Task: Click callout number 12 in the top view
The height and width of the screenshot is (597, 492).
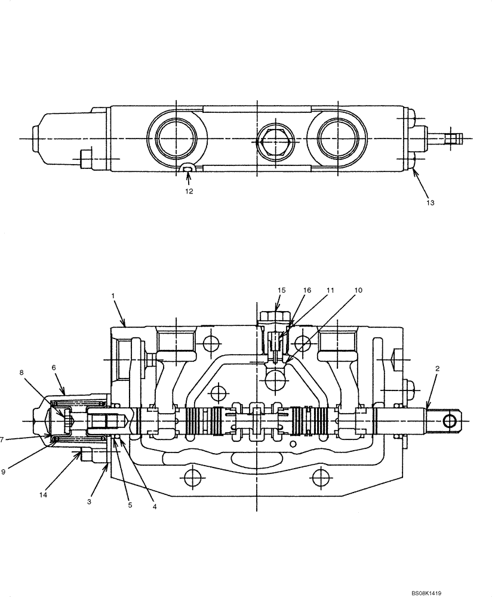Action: coord(189,192)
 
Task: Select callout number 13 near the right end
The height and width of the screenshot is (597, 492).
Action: coord(430,202)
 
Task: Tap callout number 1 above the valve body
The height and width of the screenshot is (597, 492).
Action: coord(112,296)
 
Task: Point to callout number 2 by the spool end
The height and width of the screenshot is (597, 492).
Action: coord(437,369)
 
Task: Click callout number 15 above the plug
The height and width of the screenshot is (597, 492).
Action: coord(281,290)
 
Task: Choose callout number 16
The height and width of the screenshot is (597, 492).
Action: coord(307,290)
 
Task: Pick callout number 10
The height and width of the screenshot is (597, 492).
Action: coord(358,290)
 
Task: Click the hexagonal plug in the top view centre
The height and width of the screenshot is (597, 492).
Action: coord(273,143)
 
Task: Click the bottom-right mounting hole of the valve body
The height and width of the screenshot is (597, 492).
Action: coord(321,478)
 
